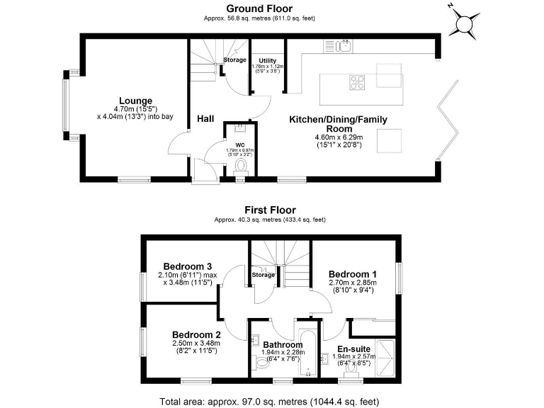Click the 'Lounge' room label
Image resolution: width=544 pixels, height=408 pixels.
135,101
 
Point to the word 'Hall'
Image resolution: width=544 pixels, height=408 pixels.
206,118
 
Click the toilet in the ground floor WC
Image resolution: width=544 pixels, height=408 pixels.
241,167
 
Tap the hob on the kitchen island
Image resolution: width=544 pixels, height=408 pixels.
358,81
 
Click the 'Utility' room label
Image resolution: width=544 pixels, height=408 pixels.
267,61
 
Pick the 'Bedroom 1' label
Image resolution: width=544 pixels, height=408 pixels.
352,274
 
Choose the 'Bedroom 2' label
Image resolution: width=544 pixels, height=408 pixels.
197,335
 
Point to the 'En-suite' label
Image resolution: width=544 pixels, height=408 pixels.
352,349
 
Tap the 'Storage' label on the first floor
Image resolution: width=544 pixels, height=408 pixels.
263,275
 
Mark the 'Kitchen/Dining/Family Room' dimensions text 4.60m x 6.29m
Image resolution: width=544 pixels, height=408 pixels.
338,137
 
